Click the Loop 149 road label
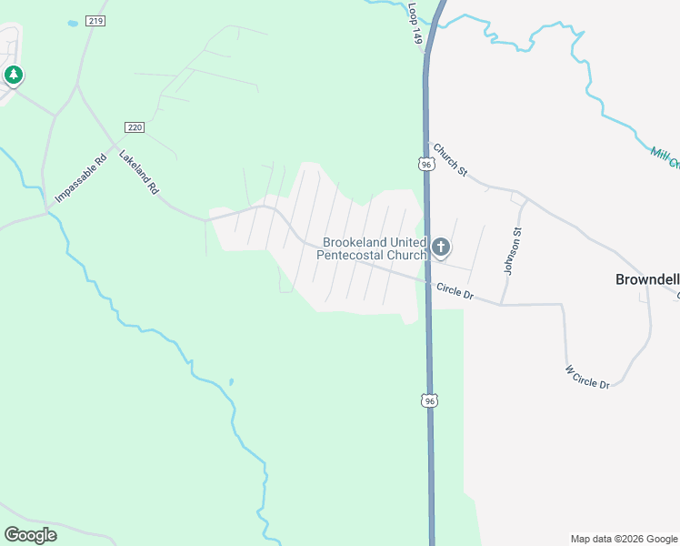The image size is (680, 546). click(x=415, y=24)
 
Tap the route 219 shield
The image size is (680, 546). click(x=95, y=20)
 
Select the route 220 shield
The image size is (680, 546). click(x=134, y=127)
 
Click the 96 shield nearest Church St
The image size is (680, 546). click(x=425, y=164)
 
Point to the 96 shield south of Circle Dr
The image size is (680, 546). click(x=430, y=400)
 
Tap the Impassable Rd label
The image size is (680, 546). click(x=74, y=182)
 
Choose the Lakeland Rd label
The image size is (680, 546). click(x=139, y=172)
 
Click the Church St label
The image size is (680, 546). click(x=449, y=159)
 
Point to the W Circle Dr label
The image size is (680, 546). click(x=587, y=377)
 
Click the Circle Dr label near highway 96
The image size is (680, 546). click(x=455, y=291)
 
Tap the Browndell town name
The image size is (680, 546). click(x=647, y=280)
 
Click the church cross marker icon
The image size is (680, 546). click(x=441, y=248)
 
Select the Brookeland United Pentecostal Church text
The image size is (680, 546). click(x=372, y=249)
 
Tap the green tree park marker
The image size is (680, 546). click(x=13, y=75)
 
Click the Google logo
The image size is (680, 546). click(x=30, y=535)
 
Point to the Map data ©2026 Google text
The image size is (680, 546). click(x=624, y=539)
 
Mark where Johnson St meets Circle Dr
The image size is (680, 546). click(x=501, y=304)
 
